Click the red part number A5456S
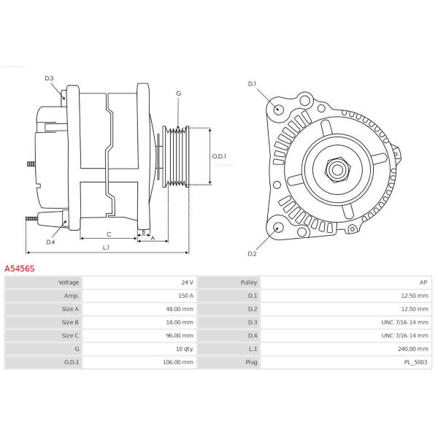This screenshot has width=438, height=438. pos(20,269)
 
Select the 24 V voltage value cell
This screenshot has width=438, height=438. pos(187,283)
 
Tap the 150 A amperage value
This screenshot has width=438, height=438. pos(185,296)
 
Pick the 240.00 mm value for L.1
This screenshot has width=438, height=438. pos(413,349)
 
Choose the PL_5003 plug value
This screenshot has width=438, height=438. pos(415,362)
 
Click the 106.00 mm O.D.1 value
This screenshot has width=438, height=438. pos(178,362)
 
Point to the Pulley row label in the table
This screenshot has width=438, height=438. pos(249,283)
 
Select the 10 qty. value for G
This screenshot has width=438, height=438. pos(185,349)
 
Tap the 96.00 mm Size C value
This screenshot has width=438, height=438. pos(180,336)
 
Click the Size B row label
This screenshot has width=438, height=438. pos(70,323)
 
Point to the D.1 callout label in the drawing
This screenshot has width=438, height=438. pos(252,84)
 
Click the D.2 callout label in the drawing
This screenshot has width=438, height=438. pos(252,253)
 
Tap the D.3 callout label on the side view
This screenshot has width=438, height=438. pos(49,78)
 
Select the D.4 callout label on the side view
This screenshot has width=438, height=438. pos(50,242)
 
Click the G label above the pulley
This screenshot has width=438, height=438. pos(179,93)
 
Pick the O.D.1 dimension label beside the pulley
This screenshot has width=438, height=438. pos(219,156)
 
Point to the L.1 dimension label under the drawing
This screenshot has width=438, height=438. pos(106,247)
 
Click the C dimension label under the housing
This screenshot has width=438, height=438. pos(109,234)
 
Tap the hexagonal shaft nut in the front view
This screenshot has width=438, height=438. pos(337,170)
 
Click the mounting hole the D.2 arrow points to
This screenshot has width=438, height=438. pos(278,227)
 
